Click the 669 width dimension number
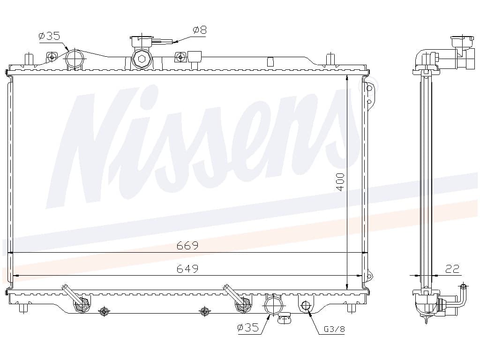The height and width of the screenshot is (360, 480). click(187, 246)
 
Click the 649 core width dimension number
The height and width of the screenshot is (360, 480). click(187, 269)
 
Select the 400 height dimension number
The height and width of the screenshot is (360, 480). click(340, 182)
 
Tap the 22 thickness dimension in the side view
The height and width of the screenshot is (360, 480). click(452, 269)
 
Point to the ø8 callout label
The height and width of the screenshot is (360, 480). click(200, 30)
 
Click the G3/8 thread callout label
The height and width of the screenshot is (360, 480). click(334, 329)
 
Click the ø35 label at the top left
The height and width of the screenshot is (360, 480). click(49, 36)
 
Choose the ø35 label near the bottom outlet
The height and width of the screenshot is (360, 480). click(248, 328)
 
